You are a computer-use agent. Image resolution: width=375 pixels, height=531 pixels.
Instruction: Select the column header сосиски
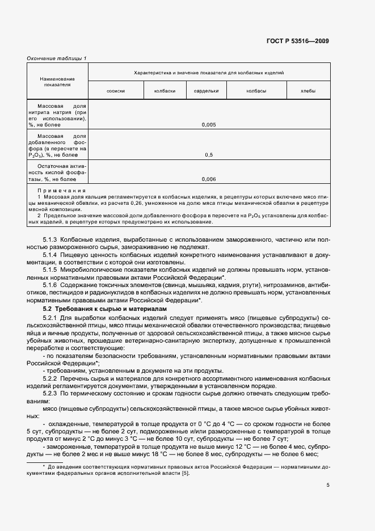(116, 91)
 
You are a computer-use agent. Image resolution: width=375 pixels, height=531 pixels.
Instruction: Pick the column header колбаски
(165, 91)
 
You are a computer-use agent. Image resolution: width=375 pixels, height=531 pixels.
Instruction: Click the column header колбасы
(256, 91)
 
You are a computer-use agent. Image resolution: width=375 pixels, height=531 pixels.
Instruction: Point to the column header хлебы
(308, 91)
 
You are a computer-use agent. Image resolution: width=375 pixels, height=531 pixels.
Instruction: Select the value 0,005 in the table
(208, 125)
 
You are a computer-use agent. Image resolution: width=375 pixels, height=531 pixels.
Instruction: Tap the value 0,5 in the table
(208, 154)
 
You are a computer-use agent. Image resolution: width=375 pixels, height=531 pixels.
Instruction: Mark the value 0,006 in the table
(208, 179)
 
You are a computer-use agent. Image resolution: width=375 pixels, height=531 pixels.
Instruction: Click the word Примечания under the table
(61, 191)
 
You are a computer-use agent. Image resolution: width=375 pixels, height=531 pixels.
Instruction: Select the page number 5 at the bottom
(327, 485)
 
